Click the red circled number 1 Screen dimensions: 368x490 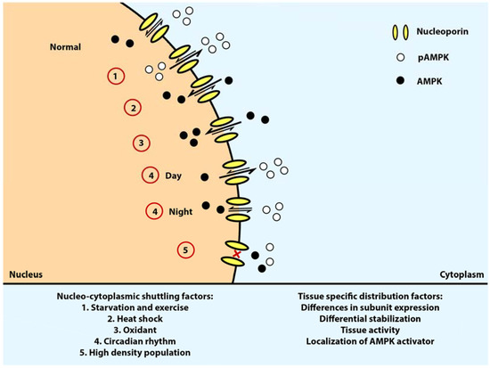click(115, 77)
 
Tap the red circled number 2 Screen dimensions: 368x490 click(132, 109)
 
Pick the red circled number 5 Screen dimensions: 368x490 click(185, 250)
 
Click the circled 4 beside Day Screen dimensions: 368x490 click(152, 175)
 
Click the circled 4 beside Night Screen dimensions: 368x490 click(154, 211)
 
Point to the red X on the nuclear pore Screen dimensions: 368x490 click(236, 255)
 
